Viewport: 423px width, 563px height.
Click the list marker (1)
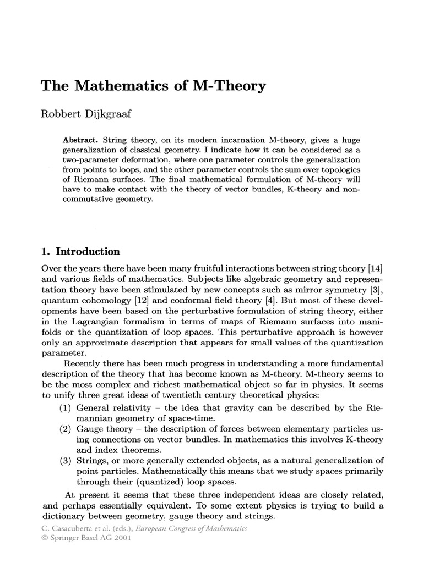point(66,409)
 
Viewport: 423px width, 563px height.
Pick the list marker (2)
point(66,434)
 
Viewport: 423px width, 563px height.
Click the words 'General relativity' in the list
point(111,409)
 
